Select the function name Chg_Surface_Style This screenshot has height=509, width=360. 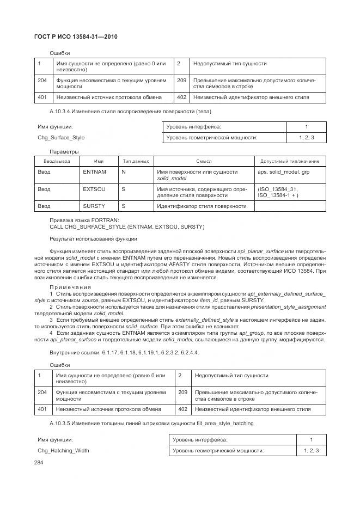(x=61, y=138)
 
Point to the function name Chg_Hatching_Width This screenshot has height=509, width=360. (x=63, y=450)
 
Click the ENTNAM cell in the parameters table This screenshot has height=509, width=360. (x=94, y=171)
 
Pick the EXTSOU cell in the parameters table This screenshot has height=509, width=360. (x=94, y=189)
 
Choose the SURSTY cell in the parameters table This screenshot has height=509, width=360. (x=94, y=206)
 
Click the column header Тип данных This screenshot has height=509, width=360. (x=136, y=162)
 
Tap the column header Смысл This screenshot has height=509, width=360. (x=204, y=162)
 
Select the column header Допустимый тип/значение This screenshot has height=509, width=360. (x=290, y=162)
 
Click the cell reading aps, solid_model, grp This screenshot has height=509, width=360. (x=283, y=171)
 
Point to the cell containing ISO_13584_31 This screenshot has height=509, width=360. (x=278, y=189)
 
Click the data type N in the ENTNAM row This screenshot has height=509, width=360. (x=124, y=171)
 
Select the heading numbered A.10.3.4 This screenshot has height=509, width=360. (x=130, y=111)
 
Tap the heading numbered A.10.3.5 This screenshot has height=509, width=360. (x=151, y=423)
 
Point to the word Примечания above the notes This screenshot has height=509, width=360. (x=71, y=287)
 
